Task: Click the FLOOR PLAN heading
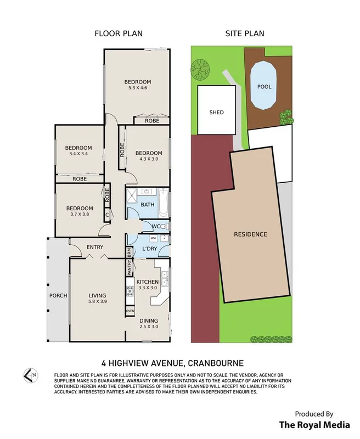tap(119, 33)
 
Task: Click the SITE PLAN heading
tap(245, 33)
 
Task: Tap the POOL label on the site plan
tap(264, 87)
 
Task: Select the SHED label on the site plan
tap(216, 112)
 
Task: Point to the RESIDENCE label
tap(251, 234)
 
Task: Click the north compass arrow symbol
tap(31, 375)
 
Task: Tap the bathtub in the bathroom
tap(164, 203)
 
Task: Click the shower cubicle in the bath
tap(132, 195)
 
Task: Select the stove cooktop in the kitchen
tap(130, 291)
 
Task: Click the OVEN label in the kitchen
tap(130, 311)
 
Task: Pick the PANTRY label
tap(130, 267)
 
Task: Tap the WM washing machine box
tap(154, 238)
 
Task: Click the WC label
tap(156, 227)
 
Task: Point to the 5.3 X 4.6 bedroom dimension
tap(137, 88)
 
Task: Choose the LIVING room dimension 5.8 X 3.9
tap(98, 301)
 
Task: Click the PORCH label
tap(58, 296)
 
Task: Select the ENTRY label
tap(95, 247)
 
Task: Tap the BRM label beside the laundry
tap(129, 252)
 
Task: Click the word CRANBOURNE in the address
tap(216, 363)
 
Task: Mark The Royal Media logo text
tap(314, 425)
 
